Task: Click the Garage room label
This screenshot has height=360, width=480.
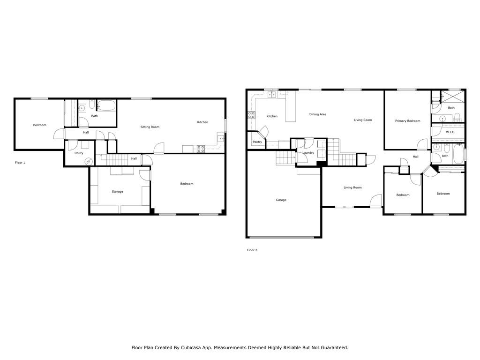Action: pos(281,200)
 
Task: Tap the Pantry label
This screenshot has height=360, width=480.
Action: pos(257,142)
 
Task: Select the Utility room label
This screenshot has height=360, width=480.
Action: pos(79,153)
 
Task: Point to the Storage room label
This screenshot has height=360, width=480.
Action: pos(118,192)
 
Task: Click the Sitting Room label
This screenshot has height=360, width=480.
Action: pos(150,127)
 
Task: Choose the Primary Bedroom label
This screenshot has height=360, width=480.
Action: pos(407,121)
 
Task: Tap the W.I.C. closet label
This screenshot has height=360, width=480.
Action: pos(450,132)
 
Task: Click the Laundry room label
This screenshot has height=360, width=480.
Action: pos(308,153)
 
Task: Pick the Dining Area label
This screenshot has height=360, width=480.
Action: pos(318,114)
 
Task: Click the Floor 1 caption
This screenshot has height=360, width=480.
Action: pos(20,163)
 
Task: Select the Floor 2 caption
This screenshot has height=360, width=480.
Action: pos(252,250)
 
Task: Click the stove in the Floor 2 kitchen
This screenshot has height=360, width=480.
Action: pos(251,115)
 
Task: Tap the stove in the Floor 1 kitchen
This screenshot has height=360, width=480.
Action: pos(201,149)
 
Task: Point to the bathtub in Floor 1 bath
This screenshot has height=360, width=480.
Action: pos(106,106)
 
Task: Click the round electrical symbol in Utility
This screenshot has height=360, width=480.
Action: pos(89,161)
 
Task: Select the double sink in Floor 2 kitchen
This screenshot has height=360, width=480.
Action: pos(272,95)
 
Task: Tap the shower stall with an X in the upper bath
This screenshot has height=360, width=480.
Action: pos(453,97)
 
